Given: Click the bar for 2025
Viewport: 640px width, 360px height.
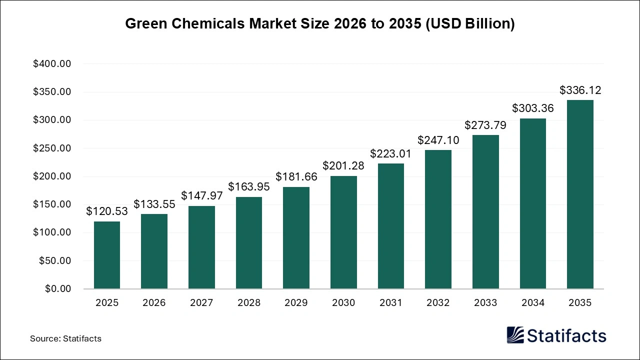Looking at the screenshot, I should point(107,255).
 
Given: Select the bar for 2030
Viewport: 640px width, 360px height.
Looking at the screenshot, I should point(343,232).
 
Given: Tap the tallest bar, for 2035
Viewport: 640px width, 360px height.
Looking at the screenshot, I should point(580,194).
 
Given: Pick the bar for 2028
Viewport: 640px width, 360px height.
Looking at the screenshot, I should point(249,243).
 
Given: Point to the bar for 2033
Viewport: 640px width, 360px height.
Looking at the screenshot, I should point(485,212).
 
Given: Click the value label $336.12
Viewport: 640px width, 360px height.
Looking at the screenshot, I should point(580,90).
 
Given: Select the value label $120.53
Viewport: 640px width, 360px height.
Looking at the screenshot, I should point(107,211).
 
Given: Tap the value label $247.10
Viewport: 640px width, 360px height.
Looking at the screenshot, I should point(438,140).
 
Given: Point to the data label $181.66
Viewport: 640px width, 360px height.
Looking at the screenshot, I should point(296,177).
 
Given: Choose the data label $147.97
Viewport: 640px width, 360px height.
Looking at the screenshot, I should point(201,196).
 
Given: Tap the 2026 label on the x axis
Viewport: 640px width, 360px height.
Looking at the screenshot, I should point(154,303).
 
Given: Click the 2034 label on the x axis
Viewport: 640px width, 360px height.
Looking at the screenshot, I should point(533,303).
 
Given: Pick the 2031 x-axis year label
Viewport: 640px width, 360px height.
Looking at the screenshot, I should point(391,303).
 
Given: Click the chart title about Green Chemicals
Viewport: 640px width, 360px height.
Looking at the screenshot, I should point(319,24).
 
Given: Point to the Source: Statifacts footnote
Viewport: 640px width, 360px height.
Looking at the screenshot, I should point(65,338).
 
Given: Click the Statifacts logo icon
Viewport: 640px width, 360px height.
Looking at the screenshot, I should point(515,335).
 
